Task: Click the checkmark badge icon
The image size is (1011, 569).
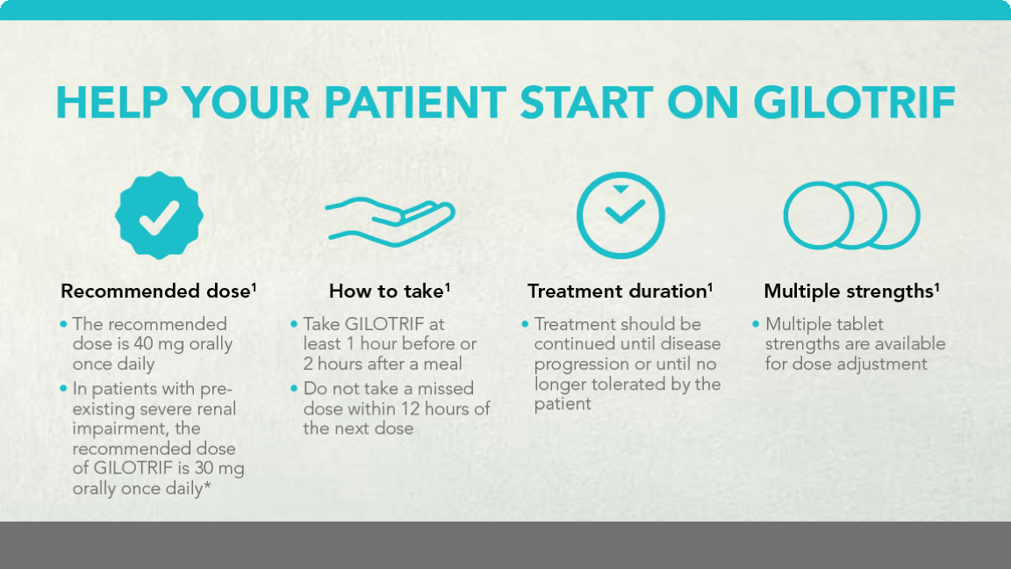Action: point(160,215)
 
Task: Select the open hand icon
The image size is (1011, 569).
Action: point(390,219)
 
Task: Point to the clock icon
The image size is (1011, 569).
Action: point(620,215)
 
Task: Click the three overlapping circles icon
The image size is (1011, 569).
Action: point(850,215)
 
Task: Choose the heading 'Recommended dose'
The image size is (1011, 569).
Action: point(159,291)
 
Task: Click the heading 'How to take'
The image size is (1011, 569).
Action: point(389,291)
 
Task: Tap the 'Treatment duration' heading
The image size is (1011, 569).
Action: point(620,291)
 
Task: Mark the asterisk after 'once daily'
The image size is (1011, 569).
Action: point(207,486)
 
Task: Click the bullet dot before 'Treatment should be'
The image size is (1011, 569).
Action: point(525,323)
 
